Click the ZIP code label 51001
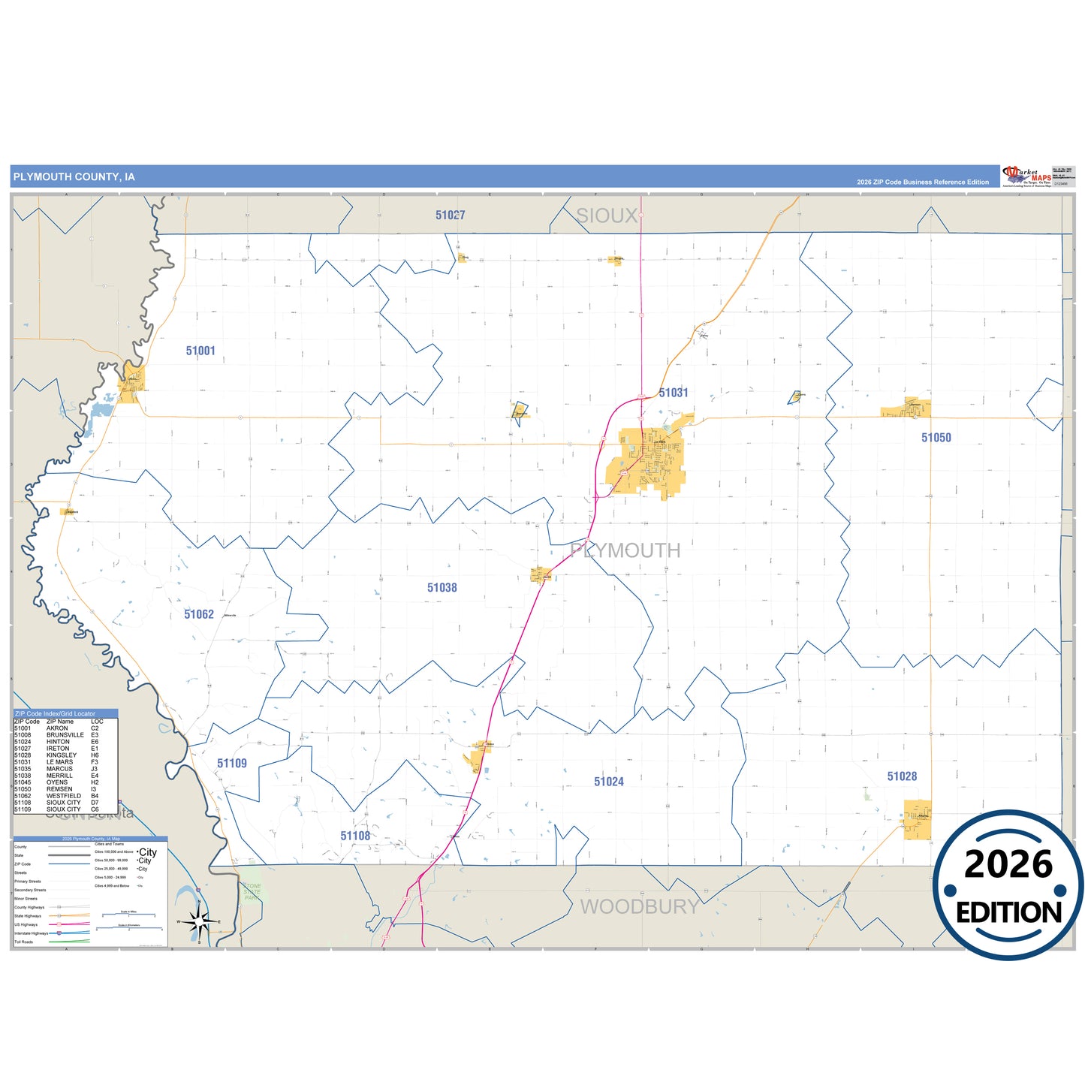pos(200,351)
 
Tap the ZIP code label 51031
pos(674,393)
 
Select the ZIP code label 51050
pos(936,438)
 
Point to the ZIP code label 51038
pos(442,588)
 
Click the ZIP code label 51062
pos(199,614)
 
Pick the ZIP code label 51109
pos(232,764)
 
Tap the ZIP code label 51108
pos(355,836)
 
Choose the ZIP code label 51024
pos(609,782)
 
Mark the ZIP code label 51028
pos(902,776)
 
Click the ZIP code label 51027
pos(451,215)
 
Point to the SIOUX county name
pos(607,216)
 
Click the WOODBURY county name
pos(640,907)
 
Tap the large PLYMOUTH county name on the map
pos(625,550)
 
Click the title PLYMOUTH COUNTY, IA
pos(74,177)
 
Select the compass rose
pos(199,921)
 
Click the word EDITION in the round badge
pos(1008,912)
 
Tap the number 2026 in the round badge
pos(1008,865)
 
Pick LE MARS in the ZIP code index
pos(60,762)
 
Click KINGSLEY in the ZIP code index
pos(62,755)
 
